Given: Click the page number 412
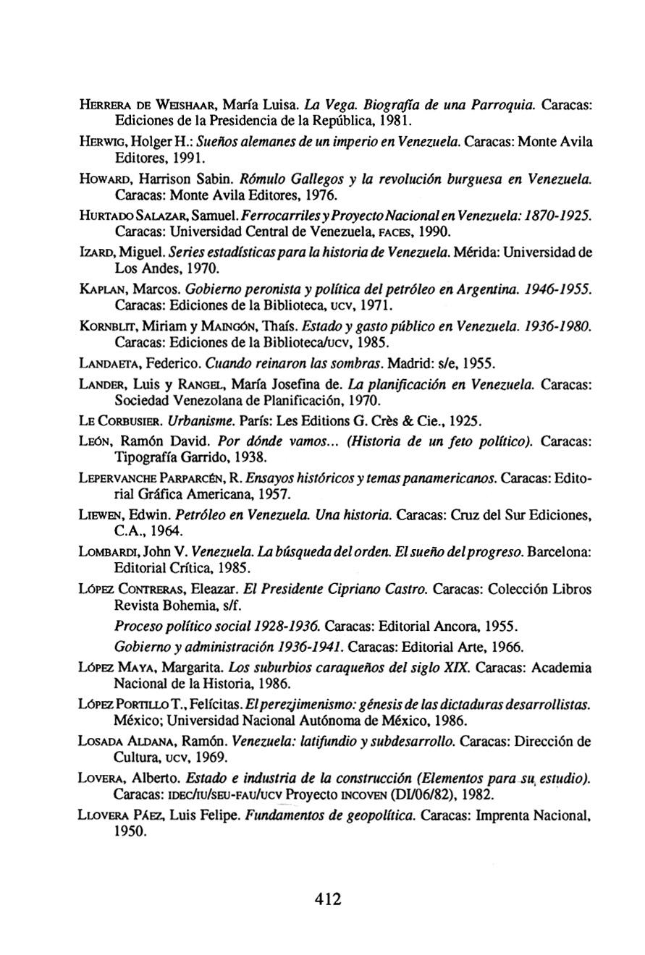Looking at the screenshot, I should [327, 899].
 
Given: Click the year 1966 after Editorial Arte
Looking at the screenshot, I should [509, 646].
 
